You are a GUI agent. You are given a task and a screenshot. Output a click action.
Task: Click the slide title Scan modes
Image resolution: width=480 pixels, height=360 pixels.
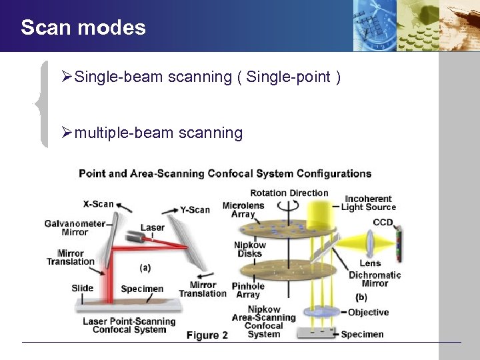tap(83, 27)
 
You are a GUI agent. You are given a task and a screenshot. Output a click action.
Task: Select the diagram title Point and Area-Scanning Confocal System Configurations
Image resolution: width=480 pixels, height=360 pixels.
tap(225, 173)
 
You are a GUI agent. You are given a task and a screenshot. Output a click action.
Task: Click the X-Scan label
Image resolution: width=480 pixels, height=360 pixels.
tap(98, 204)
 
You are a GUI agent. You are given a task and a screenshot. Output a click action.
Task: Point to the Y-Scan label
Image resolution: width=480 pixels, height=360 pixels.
tap(195, 209)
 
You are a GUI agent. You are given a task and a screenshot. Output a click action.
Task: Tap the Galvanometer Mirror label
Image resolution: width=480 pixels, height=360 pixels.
tap(75, 227)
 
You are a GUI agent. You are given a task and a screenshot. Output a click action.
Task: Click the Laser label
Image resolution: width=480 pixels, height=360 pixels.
tap(152, 227)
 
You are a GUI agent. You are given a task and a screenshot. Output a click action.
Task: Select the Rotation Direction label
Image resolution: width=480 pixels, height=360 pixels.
tap(289, 193)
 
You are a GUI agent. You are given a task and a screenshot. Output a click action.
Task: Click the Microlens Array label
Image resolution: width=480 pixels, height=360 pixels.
tap(243, 209)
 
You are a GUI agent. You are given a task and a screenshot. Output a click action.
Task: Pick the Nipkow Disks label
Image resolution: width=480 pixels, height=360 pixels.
tap(249, 249)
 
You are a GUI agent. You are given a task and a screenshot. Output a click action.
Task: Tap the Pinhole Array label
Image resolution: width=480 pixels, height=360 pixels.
tap(248, 290)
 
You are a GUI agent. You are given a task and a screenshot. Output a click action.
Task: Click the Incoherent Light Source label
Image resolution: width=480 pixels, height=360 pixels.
tap(367, 203)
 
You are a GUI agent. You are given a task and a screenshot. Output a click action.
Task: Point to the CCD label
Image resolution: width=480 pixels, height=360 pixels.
tap(383, 222)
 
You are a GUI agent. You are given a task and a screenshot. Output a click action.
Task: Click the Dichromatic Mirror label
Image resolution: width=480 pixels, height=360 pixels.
tap(375, 279)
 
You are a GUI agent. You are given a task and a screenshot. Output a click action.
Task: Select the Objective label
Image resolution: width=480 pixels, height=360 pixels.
tap(368, 312)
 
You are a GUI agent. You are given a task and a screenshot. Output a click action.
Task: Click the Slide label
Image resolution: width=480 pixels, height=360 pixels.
tap(82, 289)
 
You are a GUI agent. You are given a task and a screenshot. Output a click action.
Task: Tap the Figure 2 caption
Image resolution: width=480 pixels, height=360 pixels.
tap(207, 335)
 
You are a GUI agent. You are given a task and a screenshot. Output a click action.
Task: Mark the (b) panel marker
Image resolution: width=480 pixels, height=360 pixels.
tap(361, 297)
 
